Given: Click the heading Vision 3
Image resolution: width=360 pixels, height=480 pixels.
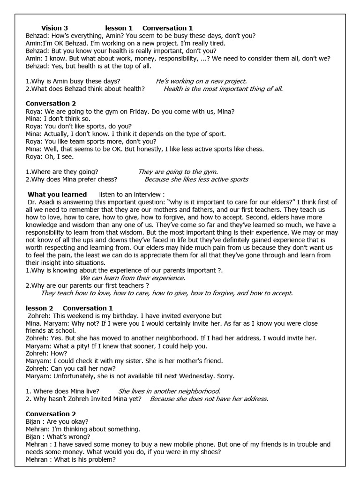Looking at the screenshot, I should pyautogui.click(x=54, y=28).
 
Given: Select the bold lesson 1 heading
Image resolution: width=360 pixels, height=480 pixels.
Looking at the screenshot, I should pyautogui.click(x=119, y=28).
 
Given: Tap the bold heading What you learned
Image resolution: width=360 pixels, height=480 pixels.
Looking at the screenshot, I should pyautogui.click(x=57, y=194).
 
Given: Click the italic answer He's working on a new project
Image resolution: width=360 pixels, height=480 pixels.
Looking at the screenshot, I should pyautogui.click(x=201, y=81).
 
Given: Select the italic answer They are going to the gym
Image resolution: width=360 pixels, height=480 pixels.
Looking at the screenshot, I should pyautogui.click(x=178, y=172).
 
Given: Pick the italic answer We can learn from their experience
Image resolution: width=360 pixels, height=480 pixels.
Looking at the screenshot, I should pyautogui.click(x=133, y=277).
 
